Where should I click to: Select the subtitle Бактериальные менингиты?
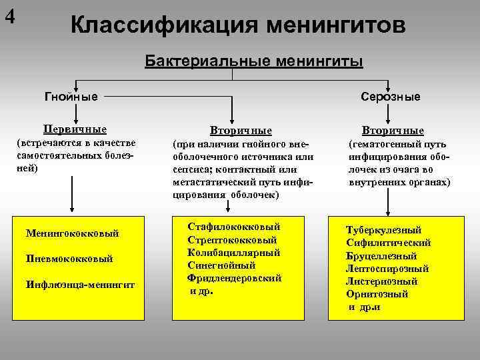(x=254, y=61)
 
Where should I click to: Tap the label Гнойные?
(x=71, y=97)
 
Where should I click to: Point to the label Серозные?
(x=391, y=97)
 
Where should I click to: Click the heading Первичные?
(x=75, y=129)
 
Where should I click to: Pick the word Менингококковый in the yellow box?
(x=72, y=233)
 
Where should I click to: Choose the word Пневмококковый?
(x=69, y=259)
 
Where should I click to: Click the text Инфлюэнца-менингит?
(x=80, y=285)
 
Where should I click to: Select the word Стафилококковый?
(x=234, y=227)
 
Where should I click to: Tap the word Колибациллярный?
(x=233, y=253)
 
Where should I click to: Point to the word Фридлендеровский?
(x=235, y=278)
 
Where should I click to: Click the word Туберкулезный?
(x=383, y=230)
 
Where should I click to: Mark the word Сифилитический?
(x=389, y=243)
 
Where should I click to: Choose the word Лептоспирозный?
(x=387, y=269)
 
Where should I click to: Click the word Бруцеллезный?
(x=381, y=256)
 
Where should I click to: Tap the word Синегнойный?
(x=219, y=265)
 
